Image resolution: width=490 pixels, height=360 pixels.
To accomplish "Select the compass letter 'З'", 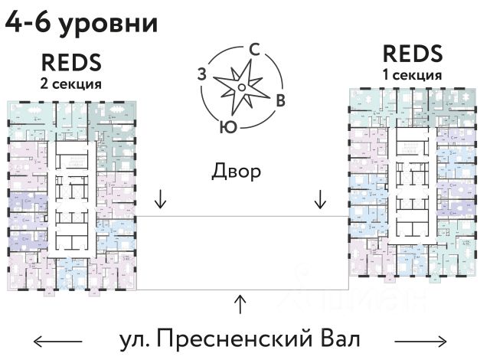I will [201, 74].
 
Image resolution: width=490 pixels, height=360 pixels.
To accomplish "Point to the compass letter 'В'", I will [281, 100].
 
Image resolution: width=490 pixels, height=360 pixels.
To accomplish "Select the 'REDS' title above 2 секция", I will [70, 62].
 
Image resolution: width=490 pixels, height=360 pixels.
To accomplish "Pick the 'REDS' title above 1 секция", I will [412, 54].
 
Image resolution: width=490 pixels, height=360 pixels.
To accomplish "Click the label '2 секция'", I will [70, 83].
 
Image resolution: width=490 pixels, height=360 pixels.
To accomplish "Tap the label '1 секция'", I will [413, 75].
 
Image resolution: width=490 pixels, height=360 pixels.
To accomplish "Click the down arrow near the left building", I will [161, 200].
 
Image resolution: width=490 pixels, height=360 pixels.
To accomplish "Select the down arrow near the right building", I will [321, 200].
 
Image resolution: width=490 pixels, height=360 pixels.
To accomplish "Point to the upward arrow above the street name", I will [240, 304].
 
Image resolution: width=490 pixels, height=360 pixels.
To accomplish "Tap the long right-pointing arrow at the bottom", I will [420, 339].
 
